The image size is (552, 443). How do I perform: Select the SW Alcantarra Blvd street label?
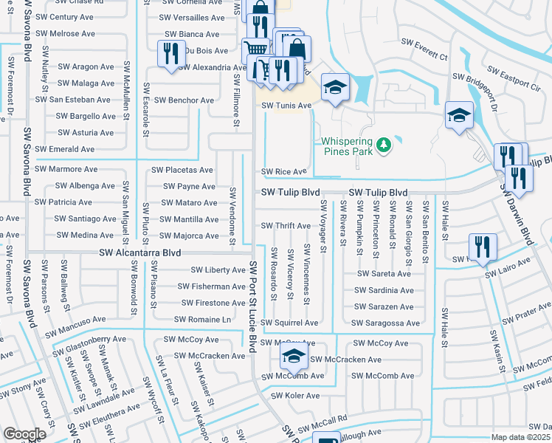[140, 253]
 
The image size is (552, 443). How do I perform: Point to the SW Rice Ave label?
[284, 172]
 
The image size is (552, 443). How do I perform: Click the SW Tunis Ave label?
[287, 106]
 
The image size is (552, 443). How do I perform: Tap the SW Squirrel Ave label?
[294, 323]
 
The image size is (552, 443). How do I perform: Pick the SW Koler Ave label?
[295, 396]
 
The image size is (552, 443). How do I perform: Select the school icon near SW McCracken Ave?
[293, 357]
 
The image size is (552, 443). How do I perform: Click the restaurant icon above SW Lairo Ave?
[483, 247]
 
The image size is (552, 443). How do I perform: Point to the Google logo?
[24, 434]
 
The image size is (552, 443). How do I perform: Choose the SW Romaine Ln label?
[202, 320]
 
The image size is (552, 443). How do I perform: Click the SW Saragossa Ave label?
[385, 323]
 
